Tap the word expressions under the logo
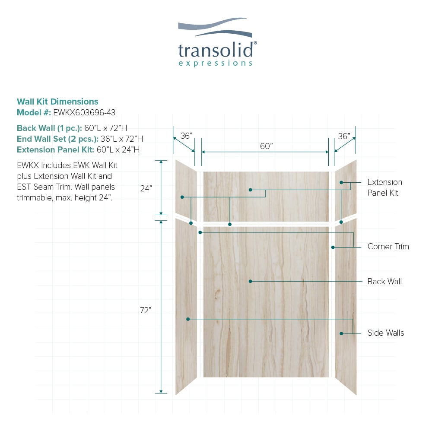tap(216, 64)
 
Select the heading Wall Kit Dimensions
tap(57, 102)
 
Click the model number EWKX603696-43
tap(84, 112)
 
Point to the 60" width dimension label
tap(266, 146)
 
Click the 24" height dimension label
tap(146, 188)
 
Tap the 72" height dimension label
tap(146, 310)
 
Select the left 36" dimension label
tap(186, 136)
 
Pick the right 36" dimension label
tap(344, 136)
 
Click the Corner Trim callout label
tap(388, 246)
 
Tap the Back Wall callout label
tap(384, 281)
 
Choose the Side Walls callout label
tap(386, 333)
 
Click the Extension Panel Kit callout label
tap(384, 187)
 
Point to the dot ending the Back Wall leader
tap(251, 281)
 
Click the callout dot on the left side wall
tap(188, 319)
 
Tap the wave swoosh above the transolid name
tap(215, 27)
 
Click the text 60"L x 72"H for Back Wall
tap(106, 128)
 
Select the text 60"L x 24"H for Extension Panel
tap(118, 149)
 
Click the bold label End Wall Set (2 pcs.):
tap(57, 139)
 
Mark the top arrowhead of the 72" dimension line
tap(161, 222)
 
